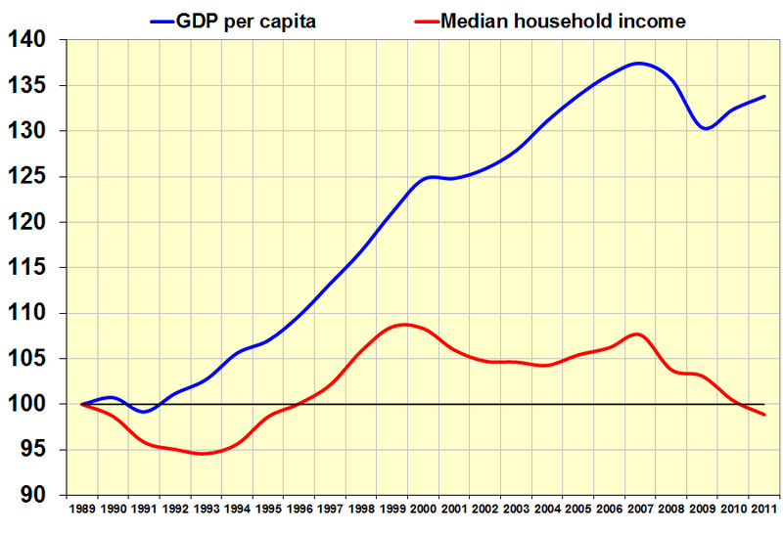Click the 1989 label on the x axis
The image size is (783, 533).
[x=82, y=510]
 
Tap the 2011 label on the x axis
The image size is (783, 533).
[x=763, y=510]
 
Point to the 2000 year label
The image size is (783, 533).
[x=423, y=510]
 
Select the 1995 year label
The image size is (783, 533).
[x=268, y=510]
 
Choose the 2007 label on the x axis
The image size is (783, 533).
[x=639, y=510]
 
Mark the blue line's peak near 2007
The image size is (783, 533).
[x=638, y=64]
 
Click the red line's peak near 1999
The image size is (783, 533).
[x=405, y=324]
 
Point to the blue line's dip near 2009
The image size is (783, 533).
[x=705, y=128]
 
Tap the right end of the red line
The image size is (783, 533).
[x=763, y=415]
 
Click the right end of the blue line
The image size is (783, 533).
[x=763, y=97]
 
